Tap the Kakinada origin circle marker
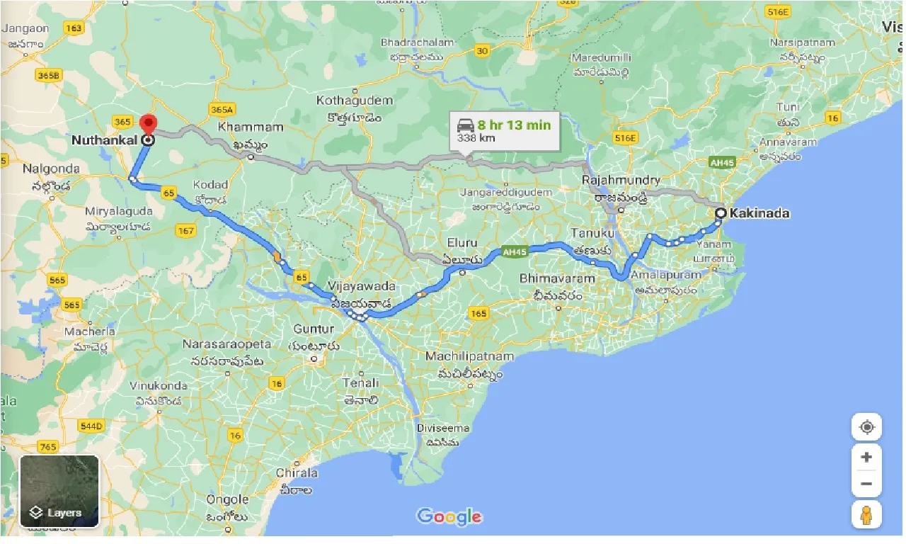tap(721, 212)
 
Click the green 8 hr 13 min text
tap(514, 125)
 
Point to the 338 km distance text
tap(476, 138)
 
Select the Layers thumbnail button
tap(59, 492)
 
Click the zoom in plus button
tap(866, 457)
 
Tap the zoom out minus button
tap(866, 484)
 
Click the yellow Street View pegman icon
tap(866, 514)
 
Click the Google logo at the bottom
tap(449, 516)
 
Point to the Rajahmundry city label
tap(621, 181)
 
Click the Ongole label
tap(228, 499)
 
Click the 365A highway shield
tap(222, 110)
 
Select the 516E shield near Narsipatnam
tap(778, 12)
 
